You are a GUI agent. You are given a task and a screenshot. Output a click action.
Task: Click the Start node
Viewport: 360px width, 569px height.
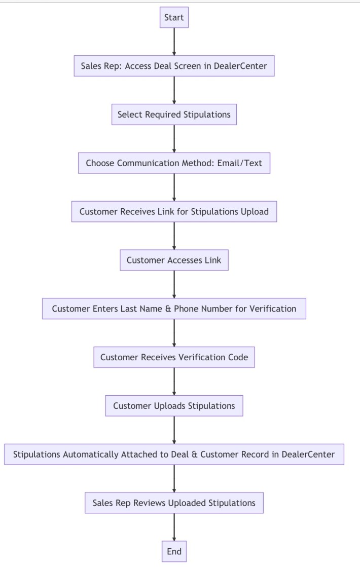coord(174,18)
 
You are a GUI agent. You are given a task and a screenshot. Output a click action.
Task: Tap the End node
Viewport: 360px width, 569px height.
coord(174,552)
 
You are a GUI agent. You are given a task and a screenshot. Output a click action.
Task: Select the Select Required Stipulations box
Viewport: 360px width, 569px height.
coord(174,115)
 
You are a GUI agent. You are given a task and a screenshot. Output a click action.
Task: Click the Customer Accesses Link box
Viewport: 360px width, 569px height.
coord(174,260)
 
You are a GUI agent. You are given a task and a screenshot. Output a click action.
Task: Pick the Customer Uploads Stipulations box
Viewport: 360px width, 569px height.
coord(174,406)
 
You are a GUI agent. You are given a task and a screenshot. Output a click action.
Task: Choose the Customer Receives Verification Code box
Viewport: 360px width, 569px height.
coord(174,357)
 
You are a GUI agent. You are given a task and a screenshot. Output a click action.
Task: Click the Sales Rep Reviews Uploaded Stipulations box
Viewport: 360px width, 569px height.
coord(174,503)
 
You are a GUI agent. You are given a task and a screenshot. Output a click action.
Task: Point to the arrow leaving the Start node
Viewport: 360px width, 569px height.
coord(174,42)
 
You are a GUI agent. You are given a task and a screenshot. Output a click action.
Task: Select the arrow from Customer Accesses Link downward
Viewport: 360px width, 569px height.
coord(174,284)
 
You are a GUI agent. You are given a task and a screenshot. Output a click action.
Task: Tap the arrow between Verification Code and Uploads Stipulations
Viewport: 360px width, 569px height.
coord(174,382)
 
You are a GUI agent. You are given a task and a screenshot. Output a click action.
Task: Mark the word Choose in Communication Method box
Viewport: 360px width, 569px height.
coord(100,163)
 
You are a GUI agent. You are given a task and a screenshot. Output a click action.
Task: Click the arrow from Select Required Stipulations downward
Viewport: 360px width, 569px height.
coord(174,138)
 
